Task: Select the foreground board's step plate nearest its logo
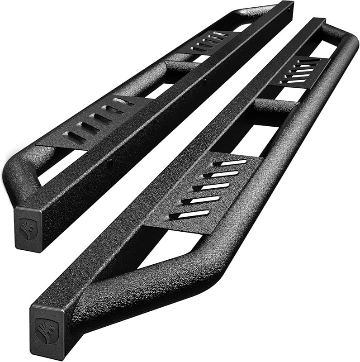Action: coord(208,190)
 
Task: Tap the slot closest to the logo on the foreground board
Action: coord(194,213)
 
